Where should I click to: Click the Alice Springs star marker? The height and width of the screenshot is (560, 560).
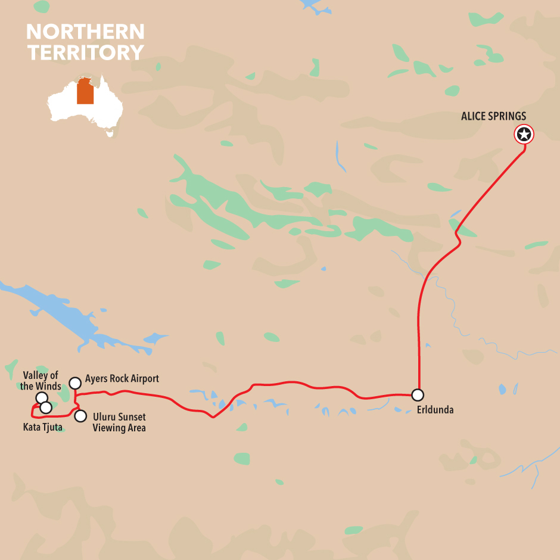point(524,135)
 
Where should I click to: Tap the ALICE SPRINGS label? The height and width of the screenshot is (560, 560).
point(493,116)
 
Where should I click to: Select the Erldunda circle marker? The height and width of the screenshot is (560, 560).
point(418,394)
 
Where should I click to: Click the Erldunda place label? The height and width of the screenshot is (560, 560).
point(434,410)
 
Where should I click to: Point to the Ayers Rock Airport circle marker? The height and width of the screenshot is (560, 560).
point(75,383)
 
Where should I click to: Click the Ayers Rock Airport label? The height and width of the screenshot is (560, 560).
point(122,378)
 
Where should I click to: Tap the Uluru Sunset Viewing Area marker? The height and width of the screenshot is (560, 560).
point(80,416)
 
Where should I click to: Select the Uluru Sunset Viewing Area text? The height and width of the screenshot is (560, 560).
point(119,422)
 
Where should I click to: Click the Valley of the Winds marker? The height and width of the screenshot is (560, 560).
point(42,398)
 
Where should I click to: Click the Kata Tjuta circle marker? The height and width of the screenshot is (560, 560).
point(46,407)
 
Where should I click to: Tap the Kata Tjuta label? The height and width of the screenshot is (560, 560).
point(42,427)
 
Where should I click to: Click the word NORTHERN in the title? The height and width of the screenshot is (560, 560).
point(85,32)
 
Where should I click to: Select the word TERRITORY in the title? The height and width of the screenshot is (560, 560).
point(85,52)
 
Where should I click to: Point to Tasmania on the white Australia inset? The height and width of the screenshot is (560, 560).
point(110,133)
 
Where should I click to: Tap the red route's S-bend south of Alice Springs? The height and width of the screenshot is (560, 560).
point(458,235)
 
